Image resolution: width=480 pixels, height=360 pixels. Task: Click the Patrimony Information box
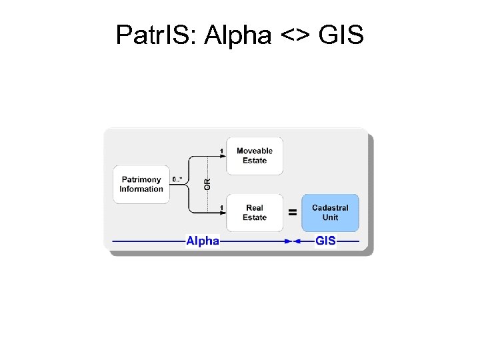[141, 184]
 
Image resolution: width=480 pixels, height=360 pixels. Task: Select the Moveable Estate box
[255, 155]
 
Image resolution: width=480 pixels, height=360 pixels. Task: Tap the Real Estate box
[255, 213]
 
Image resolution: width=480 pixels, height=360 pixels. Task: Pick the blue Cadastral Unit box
[330, 213]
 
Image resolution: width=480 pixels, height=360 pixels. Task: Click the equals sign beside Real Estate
[291, 213]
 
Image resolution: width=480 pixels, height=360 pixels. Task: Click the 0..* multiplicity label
[177, 179]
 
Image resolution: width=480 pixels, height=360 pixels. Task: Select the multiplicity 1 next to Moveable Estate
[221, 151]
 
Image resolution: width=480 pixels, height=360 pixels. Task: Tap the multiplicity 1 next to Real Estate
[221, 208]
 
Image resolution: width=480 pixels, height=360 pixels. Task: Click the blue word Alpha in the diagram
[202, 241]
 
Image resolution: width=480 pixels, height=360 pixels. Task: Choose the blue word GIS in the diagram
[325, 241]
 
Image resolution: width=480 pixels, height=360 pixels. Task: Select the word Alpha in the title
[238, 35]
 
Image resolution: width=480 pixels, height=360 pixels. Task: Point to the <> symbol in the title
[295, 35]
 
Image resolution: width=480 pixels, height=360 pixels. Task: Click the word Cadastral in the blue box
[330, 208]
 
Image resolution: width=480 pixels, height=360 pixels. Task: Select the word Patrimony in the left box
[141, 179]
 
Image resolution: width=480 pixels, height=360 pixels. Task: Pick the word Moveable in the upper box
[255, 151]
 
